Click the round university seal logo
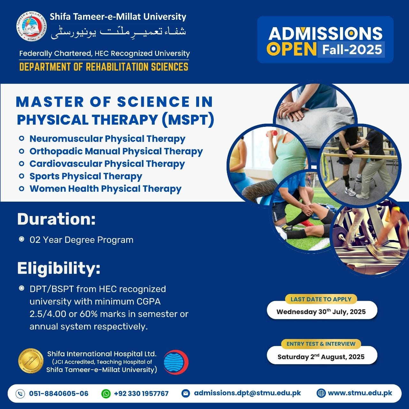32,27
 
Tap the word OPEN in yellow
291,49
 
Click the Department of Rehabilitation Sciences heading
104,67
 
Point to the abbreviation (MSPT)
188,120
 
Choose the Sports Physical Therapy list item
86,176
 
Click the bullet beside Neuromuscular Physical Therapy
21,139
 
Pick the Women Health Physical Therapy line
105,189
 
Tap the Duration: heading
57,219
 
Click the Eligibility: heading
59,268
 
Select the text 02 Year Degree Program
81,240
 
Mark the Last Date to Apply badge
321,299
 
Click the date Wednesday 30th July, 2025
321,312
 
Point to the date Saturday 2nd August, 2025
321,357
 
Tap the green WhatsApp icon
106,394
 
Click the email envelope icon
186,394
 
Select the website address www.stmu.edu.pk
360,393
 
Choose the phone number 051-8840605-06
58,394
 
